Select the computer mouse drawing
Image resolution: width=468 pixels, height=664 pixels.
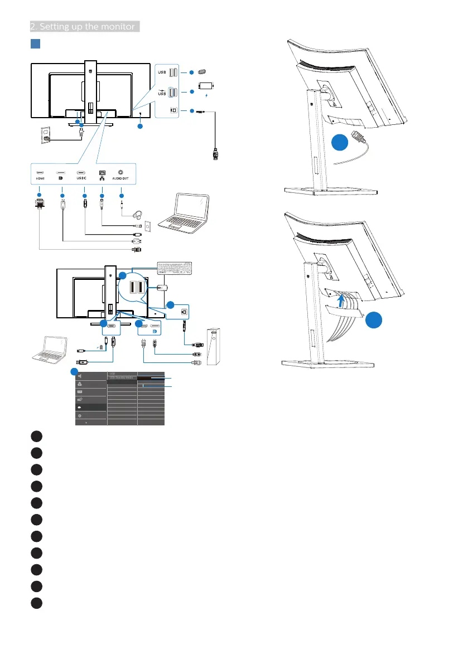coord(162,289)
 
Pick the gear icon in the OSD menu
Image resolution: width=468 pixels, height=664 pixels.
coord(80,416)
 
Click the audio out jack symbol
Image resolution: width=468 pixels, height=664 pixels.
coord(120,172)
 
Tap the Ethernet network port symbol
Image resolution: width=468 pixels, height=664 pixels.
coord(102,172)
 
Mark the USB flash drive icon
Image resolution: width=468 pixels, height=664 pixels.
coord(202,71)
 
